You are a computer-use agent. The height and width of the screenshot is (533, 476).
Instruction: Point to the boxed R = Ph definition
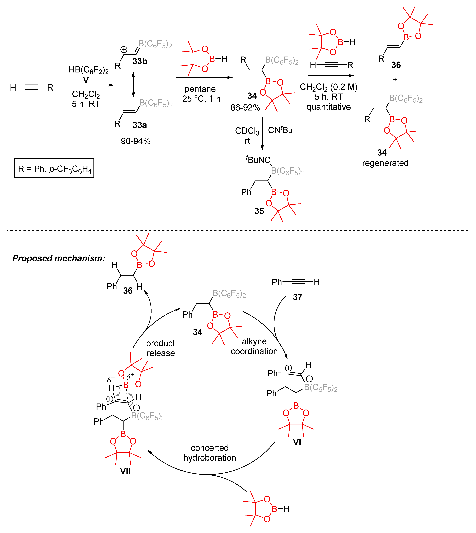[x=54, y=168]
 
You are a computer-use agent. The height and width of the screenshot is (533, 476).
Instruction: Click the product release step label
[x=161, y=348]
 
